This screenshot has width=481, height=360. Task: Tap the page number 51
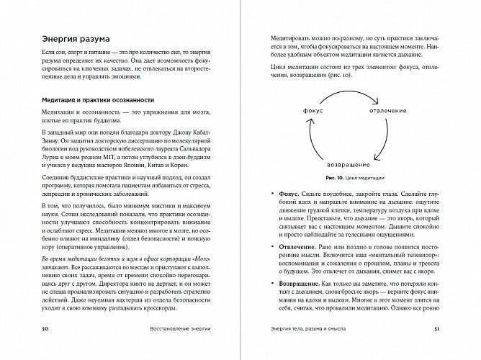click(452, 349)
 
